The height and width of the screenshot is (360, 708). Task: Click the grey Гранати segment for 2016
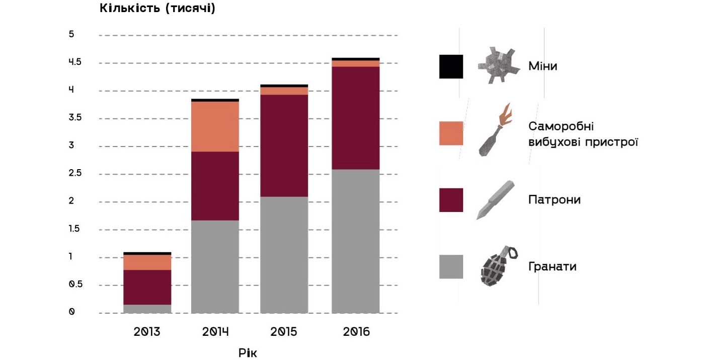355,241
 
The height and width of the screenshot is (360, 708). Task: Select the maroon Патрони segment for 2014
215,186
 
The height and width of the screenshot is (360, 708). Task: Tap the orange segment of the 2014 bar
215,126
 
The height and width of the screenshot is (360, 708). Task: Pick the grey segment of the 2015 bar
284,255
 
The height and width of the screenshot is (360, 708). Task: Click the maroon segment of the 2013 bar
147,287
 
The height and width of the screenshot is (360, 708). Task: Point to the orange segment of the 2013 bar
147,262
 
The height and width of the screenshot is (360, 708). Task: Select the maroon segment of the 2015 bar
284,146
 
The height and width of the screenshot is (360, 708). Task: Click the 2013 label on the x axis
147,332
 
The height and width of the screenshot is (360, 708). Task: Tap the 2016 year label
356,332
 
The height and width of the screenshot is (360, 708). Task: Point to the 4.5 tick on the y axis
75,62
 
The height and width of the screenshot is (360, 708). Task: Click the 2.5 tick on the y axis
75,174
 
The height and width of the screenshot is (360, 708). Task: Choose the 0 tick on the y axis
72,312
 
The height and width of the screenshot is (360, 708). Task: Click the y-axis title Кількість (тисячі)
158,9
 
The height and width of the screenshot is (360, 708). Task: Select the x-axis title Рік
247,352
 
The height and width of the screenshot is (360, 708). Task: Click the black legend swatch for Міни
451,66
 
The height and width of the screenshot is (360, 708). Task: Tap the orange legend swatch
451,133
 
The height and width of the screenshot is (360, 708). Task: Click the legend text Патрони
554,200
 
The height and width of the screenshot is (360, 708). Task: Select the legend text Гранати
552,267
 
